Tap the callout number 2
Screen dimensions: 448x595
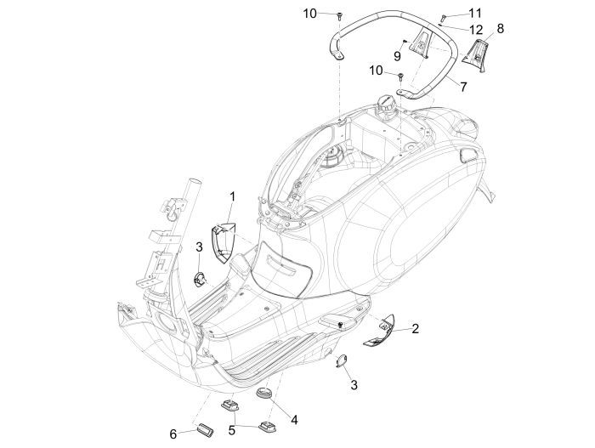tap(414, 327)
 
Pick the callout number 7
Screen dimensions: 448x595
tap(462, 86)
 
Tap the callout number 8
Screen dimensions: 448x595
tap(500, 29)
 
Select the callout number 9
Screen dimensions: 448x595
tap(397, 55)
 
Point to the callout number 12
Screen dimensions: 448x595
tap(476, 30)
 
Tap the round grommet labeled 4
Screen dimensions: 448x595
tap(264, 397)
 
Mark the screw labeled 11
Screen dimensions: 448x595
tap(443, 18)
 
